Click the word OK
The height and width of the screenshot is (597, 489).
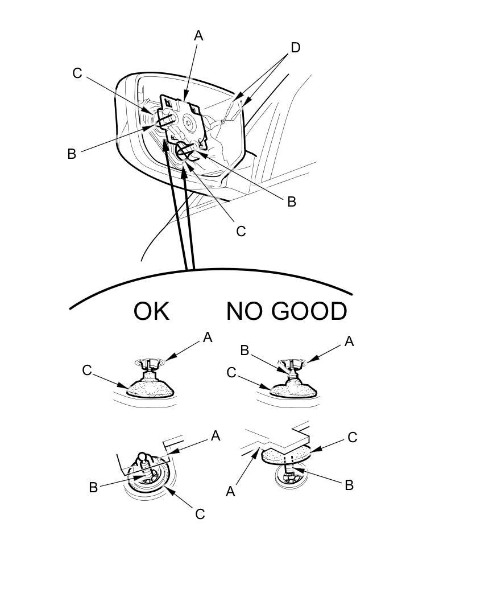(151, 312)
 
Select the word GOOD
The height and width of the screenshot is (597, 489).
(309, 312)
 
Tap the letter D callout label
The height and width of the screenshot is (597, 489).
(295, 48)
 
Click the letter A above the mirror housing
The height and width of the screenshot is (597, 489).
(198, 36)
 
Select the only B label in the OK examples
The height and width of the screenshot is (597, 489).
(93, 487)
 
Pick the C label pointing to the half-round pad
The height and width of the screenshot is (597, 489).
(352, 437)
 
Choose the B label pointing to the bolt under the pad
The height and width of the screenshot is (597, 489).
(349, 485)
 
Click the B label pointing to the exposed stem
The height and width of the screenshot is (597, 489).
(244, 351)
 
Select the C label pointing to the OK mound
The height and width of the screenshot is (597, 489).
(86, 370)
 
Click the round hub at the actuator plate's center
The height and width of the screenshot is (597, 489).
(187, 120)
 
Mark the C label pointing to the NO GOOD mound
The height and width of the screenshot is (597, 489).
(231, 373)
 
